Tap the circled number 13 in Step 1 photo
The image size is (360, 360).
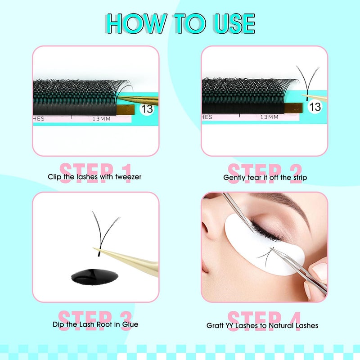[147, 108]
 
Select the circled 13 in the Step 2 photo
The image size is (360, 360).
[315, 107]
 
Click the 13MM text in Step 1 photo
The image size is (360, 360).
[102, 119]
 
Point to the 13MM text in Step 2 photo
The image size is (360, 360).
[270, 117]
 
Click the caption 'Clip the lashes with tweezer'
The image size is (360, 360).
[94, 177]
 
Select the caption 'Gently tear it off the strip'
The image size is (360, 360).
[265, 177]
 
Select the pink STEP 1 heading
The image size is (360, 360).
[95, 171]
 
